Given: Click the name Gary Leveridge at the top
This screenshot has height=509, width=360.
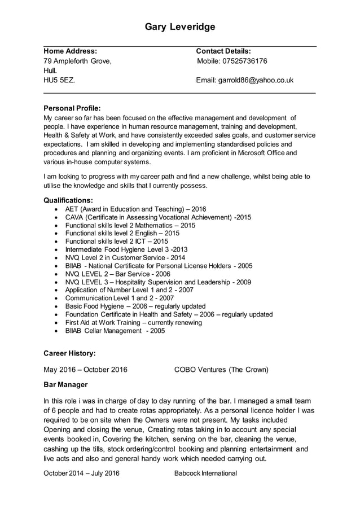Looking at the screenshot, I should [180, 27].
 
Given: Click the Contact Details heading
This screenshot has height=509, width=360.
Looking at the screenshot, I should [223, 51].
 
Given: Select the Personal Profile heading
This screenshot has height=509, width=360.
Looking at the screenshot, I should [72, 108].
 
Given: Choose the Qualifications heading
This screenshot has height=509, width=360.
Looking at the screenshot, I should [68, 200].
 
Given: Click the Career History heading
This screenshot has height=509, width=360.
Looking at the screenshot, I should [69, 353].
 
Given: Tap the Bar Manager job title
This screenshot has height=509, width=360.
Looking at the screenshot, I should [65, 384].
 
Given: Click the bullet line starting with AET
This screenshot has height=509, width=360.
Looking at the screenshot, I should [135, 209].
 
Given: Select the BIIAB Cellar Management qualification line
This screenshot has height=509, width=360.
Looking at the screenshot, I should [115, 331].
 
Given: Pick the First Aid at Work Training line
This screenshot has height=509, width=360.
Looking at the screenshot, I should [133, 323].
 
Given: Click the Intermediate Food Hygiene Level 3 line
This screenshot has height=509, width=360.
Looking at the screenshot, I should [126, 249].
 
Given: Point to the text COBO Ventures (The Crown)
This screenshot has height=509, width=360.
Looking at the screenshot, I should [221, 370].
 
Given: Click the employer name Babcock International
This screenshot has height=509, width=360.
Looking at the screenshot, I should [205, 473].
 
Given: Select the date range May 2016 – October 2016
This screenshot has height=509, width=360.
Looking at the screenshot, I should [85, 370].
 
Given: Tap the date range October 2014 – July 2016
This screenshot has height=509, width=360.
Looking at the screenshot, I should [82, 473].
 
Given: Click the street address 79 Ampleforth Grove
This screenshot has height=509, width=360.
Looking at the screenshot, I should [77, 61].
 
